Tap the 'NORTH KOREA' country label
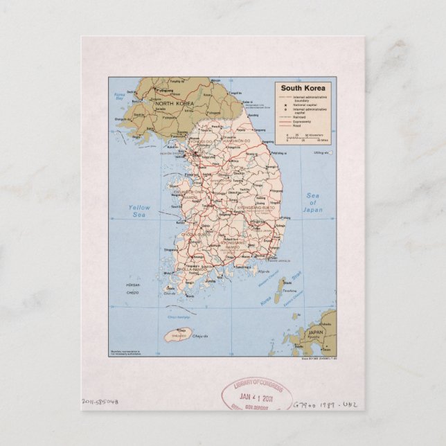pos(173,103)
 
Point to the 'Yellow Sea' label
pos(139,211)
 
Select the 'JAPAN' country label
pos(315,332)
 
